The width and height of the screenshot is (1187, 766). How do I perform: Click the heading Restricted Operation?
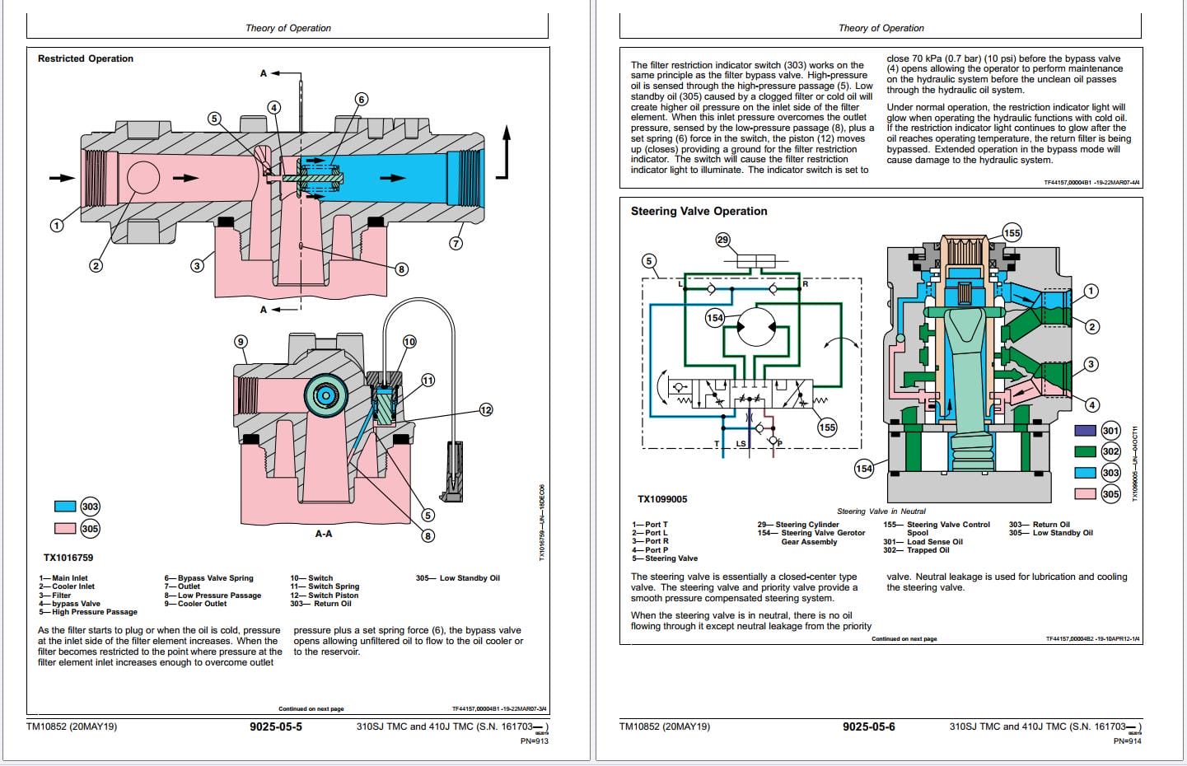point(86,58)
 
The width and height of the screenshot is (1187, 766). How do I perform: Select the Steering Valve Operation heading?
point(699,211)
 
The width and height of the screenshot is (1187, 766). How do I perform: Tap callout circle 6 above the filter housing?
point(361,100)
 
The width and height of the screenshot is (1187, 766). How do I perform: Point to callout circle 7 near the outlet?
point(456,243)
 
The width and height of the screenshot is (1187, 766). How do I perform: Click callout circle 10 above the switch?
point(409,341)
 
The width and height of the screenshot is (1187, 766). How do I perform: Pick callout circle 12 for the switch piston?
point(486,409)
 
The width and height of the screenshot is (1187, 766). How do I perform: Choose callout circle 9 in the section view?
point(241,341)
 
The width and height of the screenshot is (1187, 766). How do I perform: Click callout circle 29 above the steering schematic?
point(722,240)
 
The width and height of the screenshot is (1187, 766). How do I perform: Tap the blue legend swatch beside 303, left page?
point(65,507)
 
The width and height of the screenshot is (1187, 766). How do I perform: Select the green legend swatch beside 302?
point(1085,451)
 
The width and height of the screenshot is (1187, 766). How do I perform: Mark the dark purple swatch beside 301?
point(1085,430)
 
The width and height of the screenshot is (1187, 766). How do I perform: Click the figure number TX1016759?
point(68,558)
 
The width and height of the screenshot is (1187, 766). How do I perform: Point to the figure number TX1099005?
point(662,499)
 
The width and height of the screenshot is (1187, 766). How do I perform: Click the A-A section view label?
point(324,534)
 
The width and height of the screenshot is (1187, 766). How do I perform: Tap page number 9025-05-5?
point(276,726)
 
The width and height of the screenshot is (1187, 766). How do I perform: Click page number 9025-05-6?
point(868,726)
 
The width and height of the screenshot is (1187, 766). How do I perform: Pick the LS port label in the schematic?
point(741,444)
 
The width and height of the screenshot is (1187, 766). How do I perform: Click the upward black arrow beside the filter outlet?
point(507,152)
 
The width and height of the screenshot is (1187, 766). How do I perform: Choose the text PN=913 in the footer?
point(534,740)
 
